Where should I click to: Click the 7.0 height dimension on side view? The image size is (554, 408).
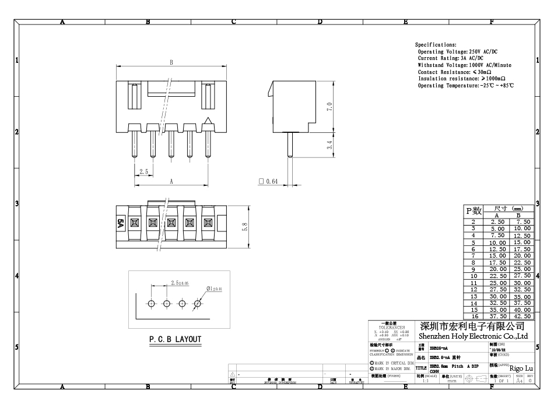pyautogui.click(x=329, y=107)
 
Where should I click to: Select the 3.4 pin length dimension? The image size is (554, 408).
pyautogui.click(x=329, y=145)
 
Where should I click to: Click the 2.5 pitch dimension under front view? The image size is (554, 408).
pyautogui.click(x=143, y=171)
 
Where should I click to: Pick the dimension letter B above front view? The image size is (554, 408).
pyautogui.click(x=171, y=62)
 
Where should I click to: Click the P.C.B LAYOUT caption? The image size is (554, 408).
pyautogui.click(x=174, y=339)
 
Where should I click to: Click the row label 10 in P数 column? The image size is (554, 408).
pyautogui.click(x=474, y=276)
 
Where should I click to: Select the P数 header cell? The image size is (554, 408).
pyautogui.click(x=474, y=211)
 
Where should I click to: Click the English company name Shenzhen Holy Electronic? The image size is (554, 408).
pyautogui.click(x=473, y=336)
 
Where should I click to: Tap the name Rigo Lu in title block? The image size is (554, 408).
pyautogui.click(x=521, y=368)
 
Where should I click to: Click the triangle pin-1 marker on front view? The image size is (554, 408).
pyautogui.click(x=207, y=121)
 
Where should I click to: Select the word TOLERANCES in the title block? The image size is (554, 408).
pyautogui.click(x=388, y=328)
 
